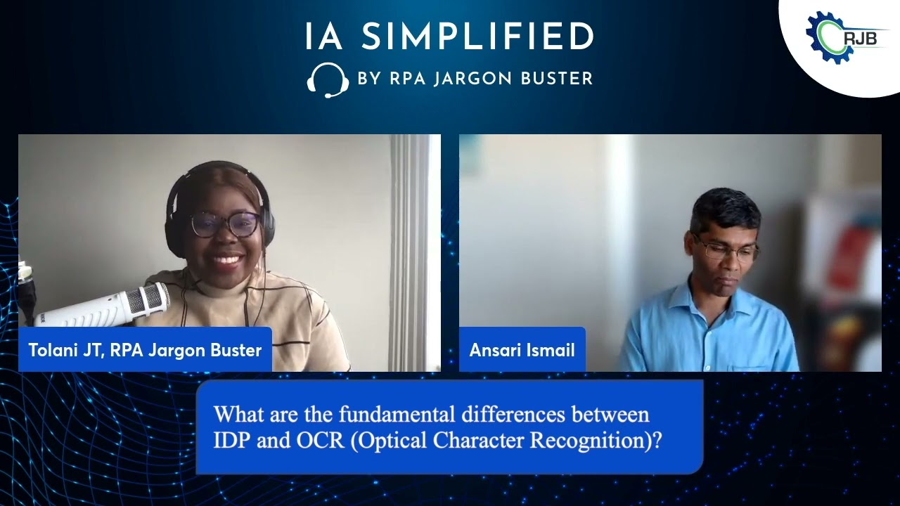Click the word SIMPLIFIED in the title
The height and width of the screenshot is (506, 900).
tap(478, 37)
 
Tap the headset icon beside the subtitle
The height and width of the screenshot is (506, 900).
tap(328, 79)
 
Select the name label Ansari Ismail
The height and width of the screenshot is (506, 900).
tap(522, 349)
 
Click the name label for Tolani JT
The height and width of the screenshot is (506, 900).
tap(145, 349)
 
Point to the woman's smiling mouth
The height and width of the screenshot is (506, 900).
tap(227, 261)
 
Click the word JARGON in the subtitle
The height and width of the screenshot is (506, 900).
tap(474, 79)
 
